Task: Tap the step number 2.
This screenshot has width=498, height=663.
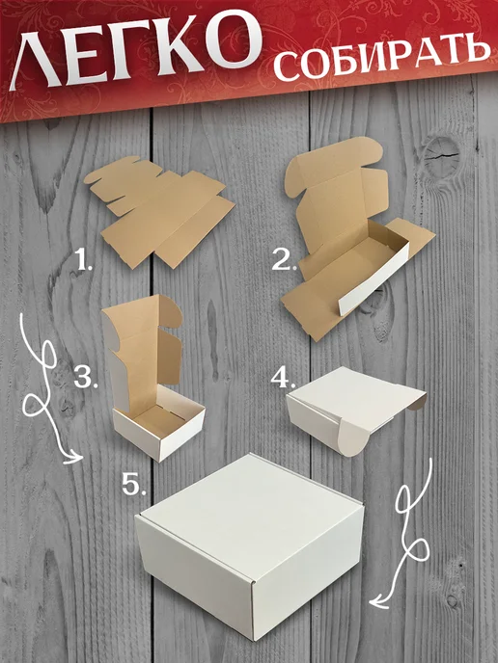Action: point(282,259)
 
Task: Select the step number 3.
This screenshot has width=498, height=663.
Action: point(85,378)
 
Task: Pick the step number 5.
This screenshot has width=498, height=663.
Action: point(134,484)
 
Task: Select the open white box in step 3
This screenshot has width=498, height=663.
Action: point(152,381)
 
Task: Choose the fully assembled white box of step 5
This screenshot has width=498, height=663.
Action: point(250,545)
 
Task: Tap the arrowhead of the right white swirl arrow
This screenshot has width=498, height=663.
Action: point(378,601)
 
